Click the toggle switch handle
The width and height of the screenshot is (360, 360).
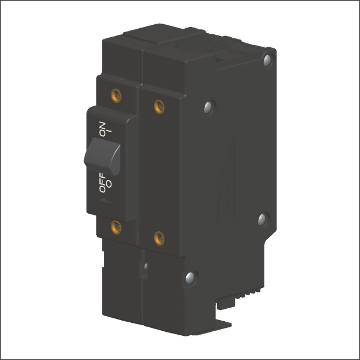point(103,157)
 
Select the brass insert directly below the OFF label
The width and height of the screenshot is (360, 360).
point(116,227)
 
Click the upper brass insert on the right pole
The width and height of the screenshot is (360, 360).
point(159,105)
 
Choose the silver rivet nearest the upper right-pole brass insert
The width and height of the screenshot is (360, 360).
point(209,106)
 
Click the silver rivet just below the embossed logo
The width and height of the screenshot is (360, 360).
point(263,219)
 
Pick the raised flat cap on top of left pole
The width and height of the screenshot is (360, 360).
point(143,34)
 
